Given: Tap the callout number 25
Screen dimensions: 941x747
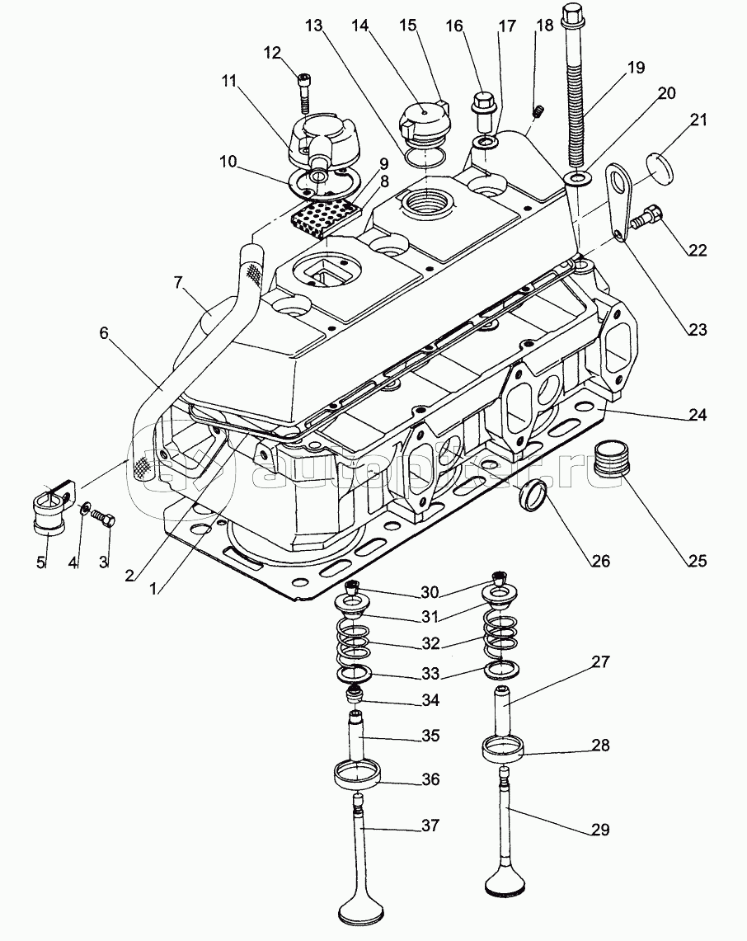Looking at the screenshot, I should point(697,562).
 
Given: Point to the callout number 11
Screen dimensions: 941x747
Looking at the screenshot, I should point(228,82).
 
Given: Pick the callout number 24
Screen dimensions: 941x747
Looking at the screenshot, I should point(698,416).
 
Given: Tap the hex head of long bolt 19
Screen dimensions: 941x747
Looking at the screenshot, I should point(574,13).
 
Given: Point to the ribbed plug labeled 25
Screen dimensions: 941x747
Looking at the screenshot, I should point(611,459).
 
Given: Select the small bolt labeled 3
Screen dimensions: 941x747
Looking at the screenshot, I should point(105,518).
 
